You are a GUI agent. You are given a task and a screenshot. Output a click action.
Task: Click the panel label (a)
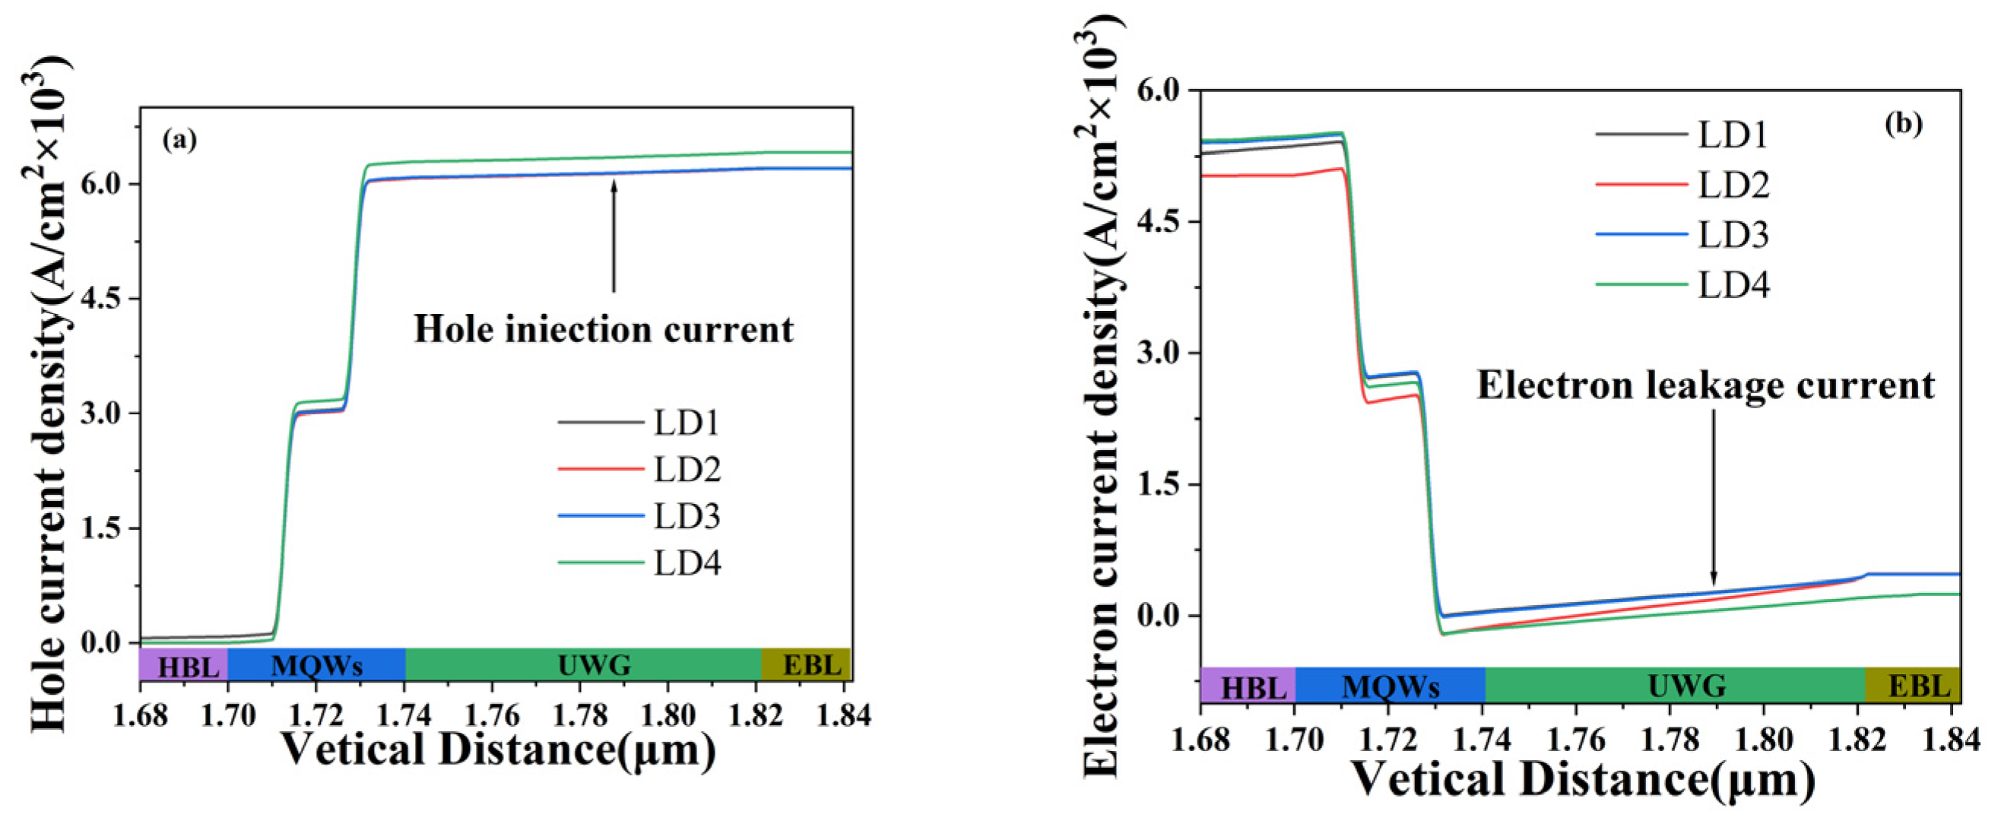180,140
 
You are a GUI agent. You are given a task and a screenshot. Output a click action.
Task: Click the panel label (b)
1904,124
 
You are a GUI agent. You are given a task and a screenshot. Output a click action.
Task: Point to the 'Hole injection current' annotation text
604,328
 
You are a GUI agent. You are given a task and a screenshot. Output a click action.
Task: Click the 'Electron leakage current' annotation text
1705,385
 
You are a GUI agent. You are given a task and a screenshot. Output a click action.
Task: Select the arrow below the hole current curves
614,236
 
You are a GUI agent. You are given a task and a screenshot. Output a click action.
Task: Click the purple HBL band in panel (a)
184,664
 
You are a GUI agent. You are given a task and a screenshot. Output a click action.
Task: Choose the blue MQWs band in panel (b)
1390,686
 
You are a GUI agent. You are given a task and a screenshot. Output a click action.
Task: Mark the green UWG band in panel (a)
583,664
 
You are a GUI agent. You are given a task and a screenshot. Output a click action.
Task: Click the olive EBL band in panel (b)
1912,686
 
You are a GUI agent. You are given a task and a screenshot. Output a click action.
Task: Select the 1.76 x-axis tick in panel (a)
492,715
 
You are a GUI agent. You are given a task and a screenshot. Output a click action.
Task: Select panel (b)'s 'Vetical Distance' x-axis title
1582,779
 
